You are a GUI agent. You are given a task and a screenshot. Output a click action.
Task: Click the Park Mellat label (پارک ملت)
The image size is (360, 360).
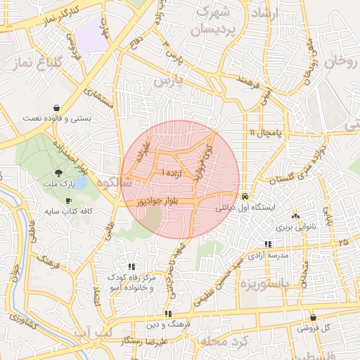tap(60, 184)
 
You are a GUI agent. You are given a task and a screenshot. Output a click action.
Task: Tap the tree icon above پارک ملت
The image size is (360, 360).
tap(58, 173)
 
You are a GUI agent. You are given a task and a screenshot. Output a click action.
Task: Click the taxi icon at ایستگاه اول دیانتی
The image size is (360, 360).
tap(245, 197)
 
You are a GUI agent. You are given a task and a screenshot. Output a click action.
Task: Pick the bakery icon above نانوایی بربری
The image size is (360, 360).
tap(295, 217)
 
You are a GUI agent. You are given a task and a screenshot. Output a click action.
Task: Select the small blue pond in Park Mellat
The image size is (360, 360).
tap(80, 183)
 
